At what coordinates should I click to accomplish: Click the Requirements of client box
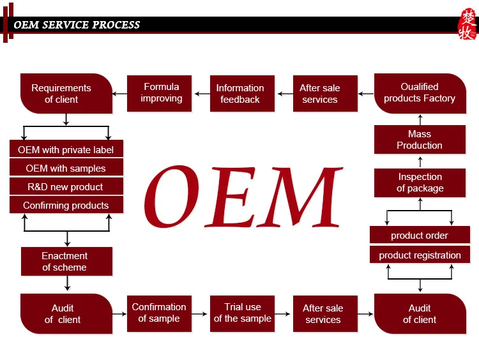[66, 94]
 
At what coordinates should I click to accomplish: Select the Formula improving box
[162, 93]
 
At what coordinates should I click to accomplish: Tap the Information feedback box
[240, 94]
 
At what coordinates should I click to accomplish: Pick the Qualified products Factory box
[420, 93]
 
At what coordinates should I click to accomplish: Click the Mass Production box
[420, 140]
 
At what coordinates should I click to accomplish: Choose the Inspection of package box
[420, 183]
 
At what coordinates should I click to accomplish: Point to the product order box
[420, 236]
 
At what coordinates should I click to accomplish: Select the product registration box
[420, 255]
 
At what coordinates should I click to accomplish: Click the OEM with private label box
[66, 150]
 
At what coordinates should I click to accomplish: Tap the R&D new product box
[66, 187]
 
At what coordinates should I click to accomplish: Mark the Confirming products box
[66, 206]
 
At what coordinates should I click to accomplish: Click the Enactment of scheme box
[66, 262]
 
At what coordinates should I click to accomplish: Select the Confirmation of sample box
[159, 313]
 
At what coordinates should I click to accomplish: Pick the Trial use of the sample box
[242, 313]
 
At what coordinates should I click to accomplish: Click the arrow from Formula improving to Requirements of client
[119, 94]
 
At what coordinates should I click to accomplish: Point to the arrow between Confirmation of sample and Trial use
[201, 313]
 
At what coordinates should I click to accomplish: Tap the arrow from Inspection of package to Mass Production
[420, 162]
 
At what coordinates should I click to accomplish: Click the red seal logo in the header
[468, 25]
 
